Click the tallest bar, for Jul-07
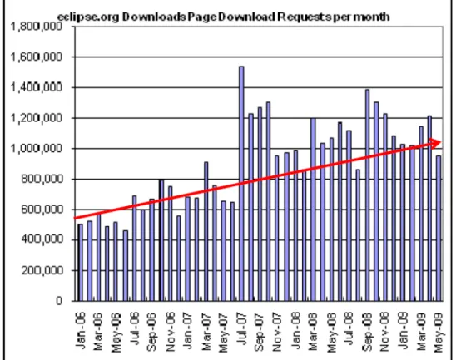pyautogui.click(x=241, y=184)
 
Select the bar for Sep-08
pyautogui.click(x=367, y=195)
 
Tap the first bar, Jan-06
pyautogui.click(x=80, y=263)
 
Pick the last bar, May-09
pyautogui.click(x=439, y=229)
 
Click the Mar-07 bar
pyautogui.click(x=206, y=232)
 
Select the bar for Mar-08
pyautogui.click(x=313, y=210)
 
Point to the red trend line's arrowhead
pyautogui.click(x=435, y=143)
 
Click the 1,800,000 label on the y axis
pyautogui.click(x=37, y=27)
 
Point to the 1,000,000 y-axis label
pyautogui.click(x=37, y=149)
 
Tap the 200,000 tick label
pyautogui.click(x=42, y=270)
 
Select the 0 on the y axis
pyautogui.click(x=59, y=301)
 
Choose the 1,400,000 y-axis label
pyautogui.click(x=37, y=87)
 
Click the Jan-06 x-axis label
pyautogui.click(x=80, y=330)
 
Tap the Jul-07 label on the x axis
pyautogui.click(x=241, y=328)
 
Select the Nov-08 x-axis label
pyautogui.click(x=384, y=331)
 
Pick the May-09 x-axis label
pyautogui.click(x=439, y=333)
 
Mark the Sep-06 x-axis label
pyautogui.click(x=151, y=331)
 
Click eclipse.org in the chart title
pyautogui.click(x=88, y=17)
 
